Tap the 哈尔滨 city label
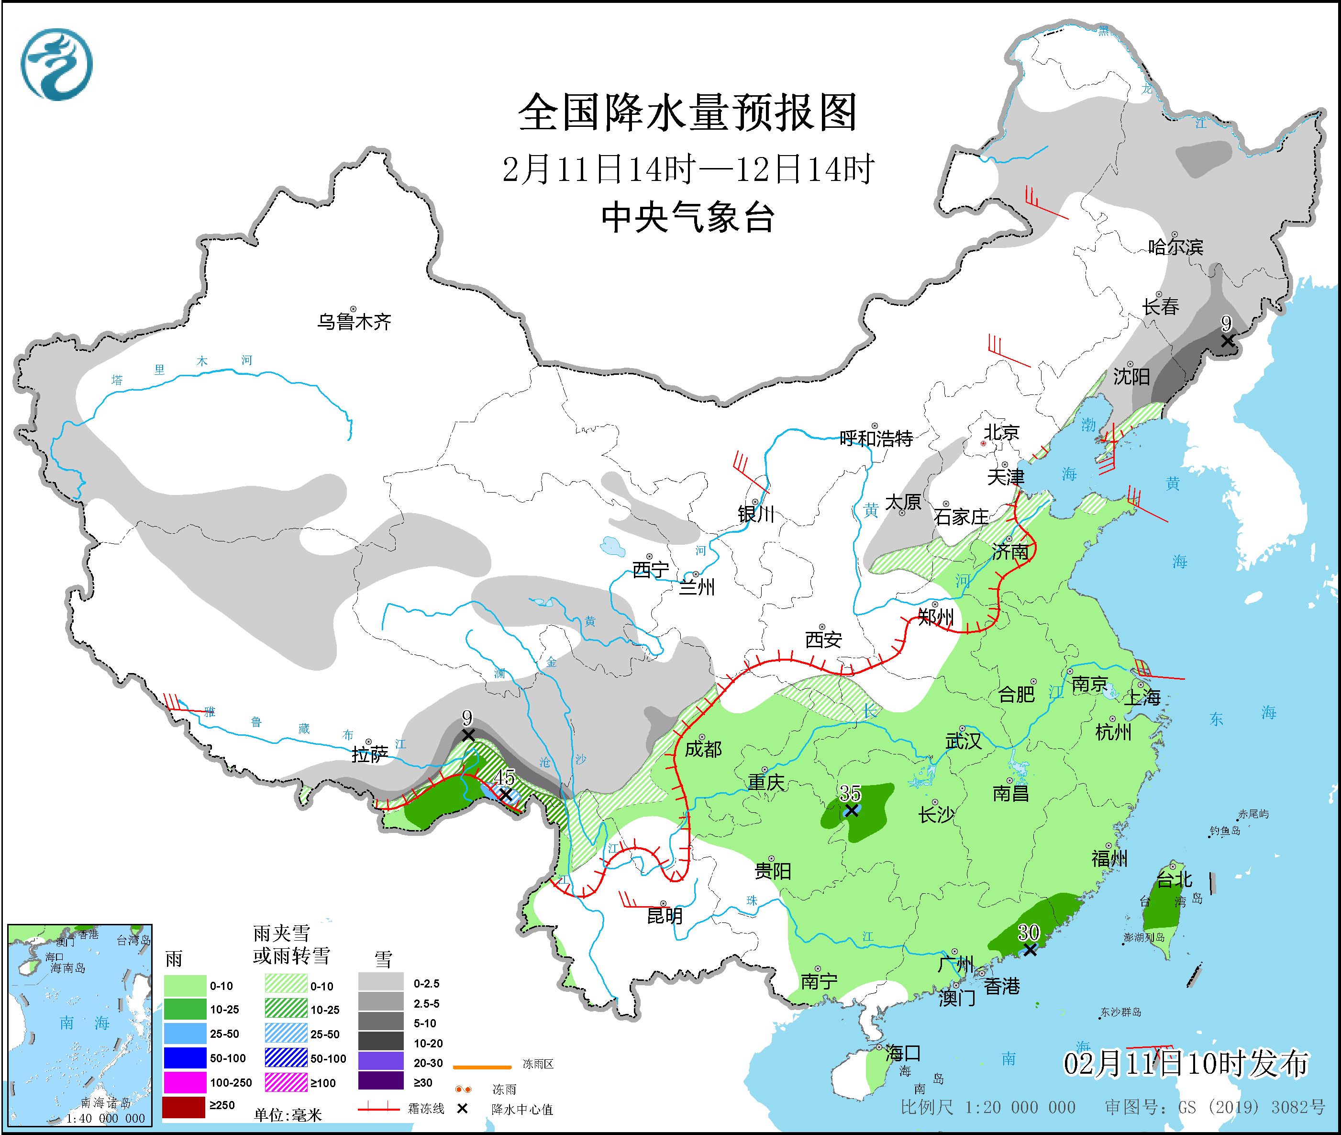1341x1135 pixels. tap(1175, 247)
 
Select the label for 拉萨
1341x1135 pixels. tap(370, 755)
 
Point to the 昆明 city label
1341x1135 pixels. tap(665, 916)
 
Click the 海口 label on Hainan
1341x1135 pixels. tap(903, 1053)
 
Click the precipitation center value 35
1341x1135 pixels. tap(850, 793)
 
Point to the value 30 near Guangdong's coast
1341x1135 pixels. tap(1029, 932)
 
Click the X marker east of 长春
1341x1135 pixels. tap(1227, 341)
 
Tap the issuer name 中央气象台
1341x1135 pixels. tap(687, 217)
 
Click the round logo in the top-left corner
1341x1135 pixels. tap(56, 64)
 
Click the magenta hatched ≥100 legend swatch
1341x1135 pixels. tap(286, 1083)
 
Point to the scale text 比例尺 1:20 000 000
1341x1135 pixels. tap(988, 1107)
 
